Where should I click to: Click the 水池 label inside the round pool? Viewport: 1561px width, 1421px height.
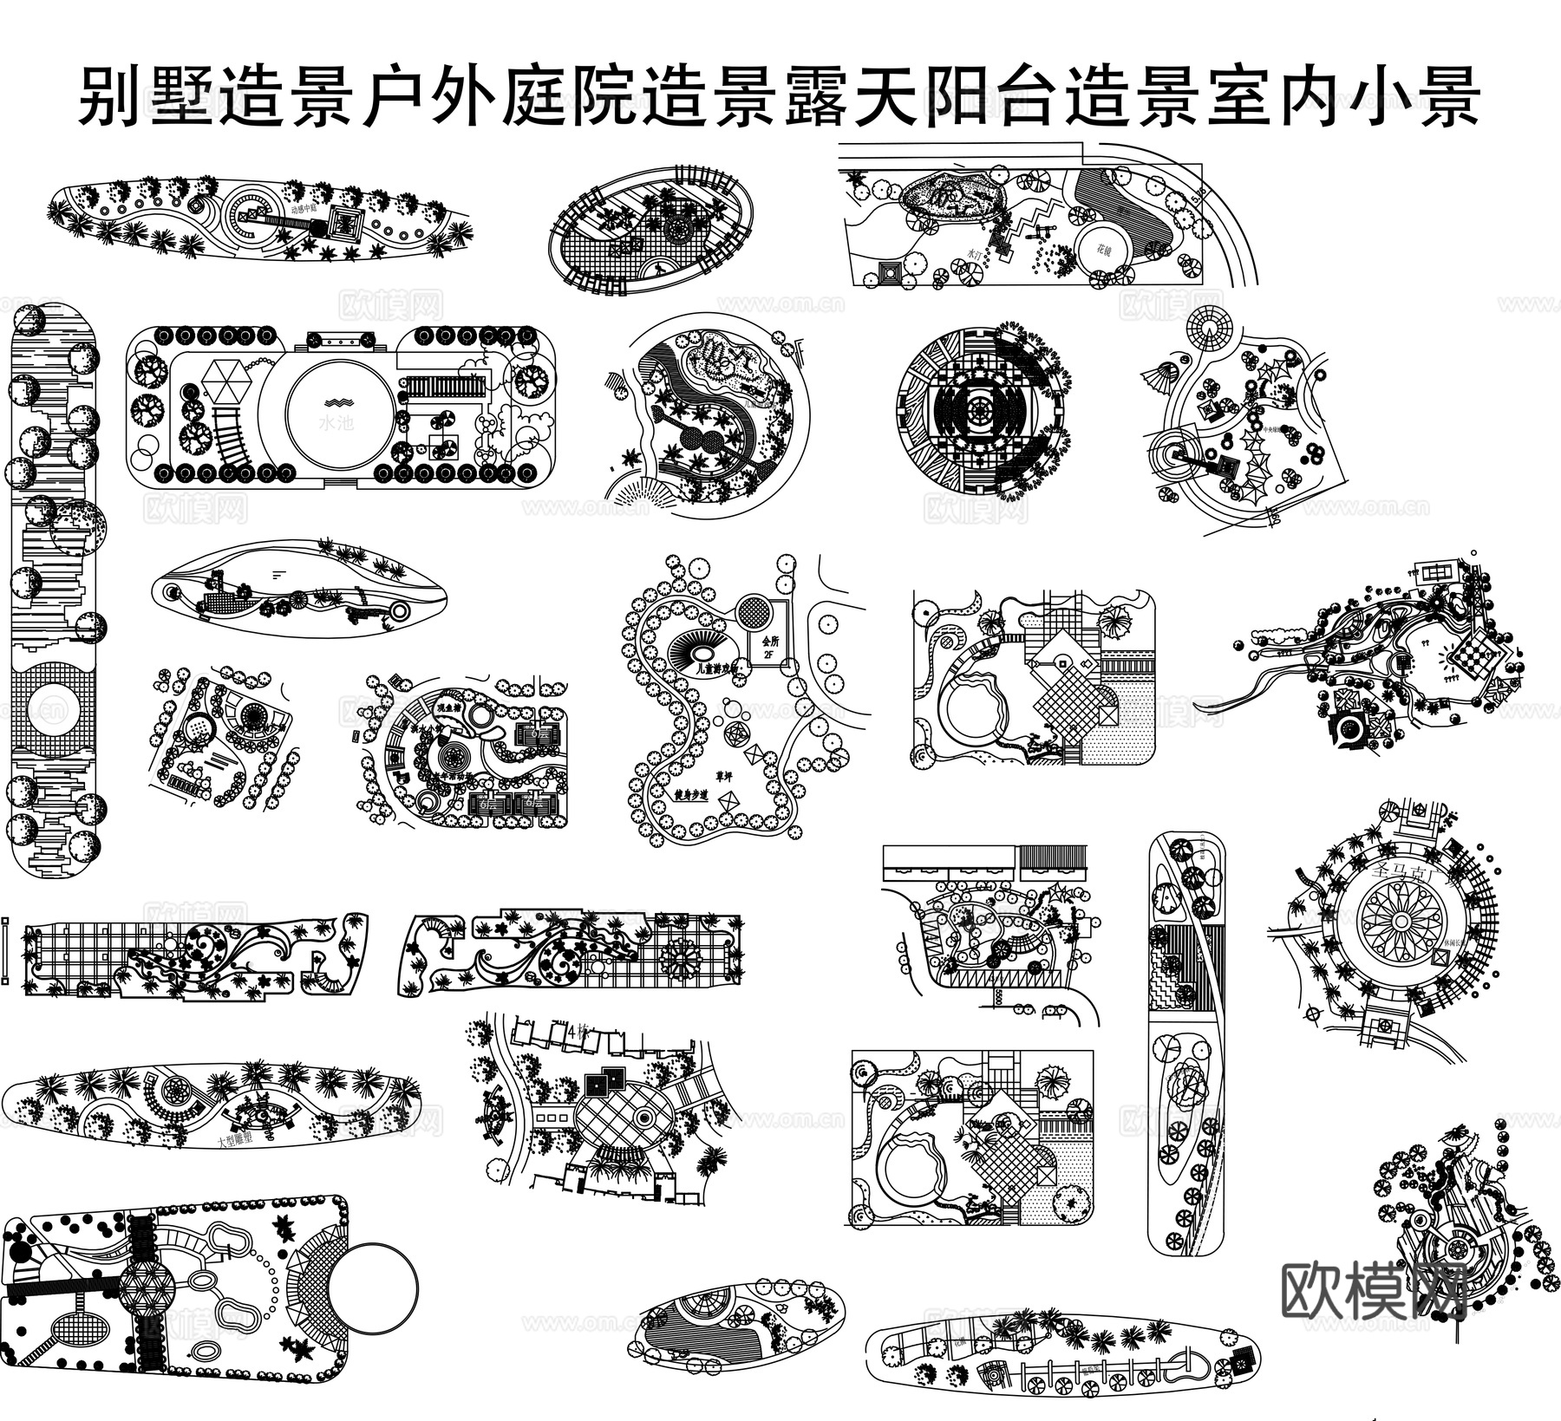(336, 423)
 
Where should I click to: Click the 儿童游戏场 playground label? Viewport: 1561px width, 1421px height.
(715, 670)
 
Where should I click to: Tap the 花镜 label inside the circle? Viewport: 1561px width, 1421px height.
(1103, 250)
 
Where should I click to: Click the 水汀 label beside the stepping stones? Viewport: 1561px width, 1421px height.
(975, 256)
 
